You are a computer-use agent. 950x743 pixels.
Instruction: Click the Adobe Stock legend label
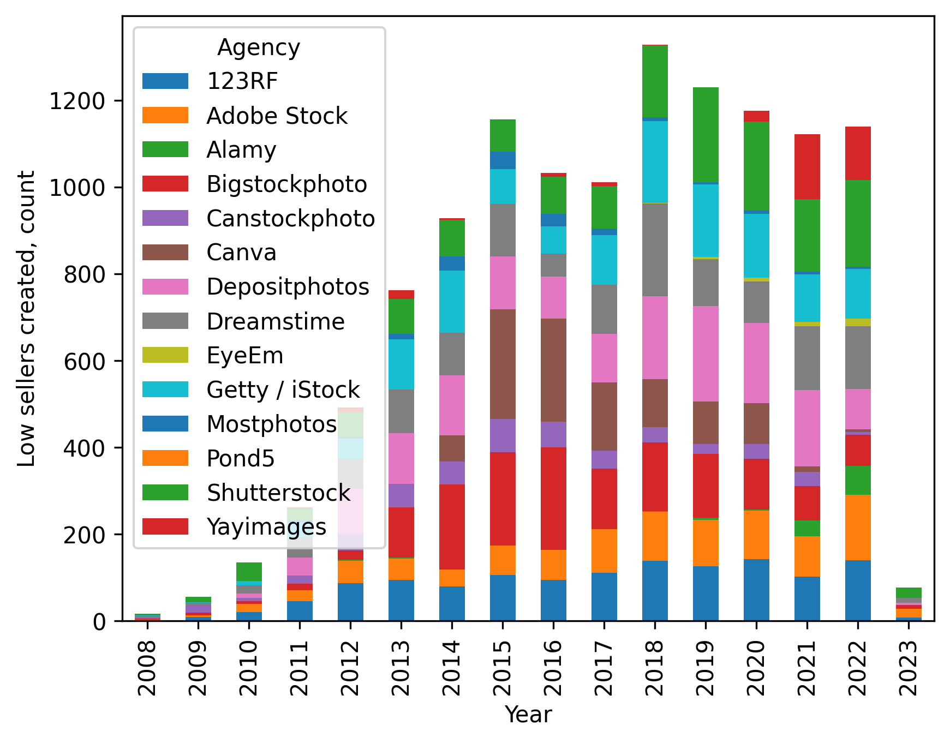[x=277, y=116]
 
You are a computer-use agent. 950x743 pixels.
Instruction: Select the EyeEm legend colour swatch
[x=165, y=355]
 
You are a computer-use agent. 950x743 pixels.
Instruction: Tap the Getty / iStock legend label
[x=283, y=390]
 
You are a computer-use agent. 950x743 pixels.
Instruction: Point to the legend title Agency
[x=259, y=47]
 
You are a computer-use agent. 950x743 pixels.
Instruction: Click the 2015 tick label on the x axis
[x=502, y=668]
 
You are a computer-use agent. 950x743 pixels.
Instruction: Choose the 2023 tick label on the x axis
[x=909, y=668]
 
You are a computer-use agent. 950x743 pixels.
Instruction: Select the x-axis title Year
[x=528, y=715]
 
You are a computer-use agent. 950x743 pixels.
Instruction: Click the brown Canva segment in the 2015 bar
[x=503, y=364]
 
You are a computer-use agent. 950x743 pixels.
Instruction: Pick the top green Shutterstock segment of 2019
[x=706, y=134]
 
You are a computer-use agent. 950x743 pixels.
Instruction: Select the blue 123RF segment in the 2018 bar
[x=655, y=590]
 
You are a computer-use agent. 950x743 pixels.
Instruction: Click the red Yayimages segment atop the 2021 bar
[x=807, y=166]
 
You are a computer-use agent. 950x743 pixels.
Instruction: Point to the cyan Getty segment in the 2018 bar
[x=655, y=161]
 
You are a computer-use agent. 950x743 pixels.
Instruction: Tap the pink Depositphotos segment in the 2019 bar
[x=706, y=353]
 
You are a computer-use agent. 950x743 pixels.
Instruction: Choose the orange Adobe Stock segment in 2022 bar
[x=858, y=527]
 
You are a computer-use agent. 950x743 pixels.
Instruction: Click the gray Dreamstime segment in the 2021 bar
[x=807, y=358]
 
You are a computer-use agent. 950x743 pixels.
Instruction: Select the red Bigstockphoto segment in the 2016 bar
[x=553, y=498]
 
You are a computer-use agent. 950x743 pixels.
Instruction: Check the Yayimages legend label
[x=266, y=527]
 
